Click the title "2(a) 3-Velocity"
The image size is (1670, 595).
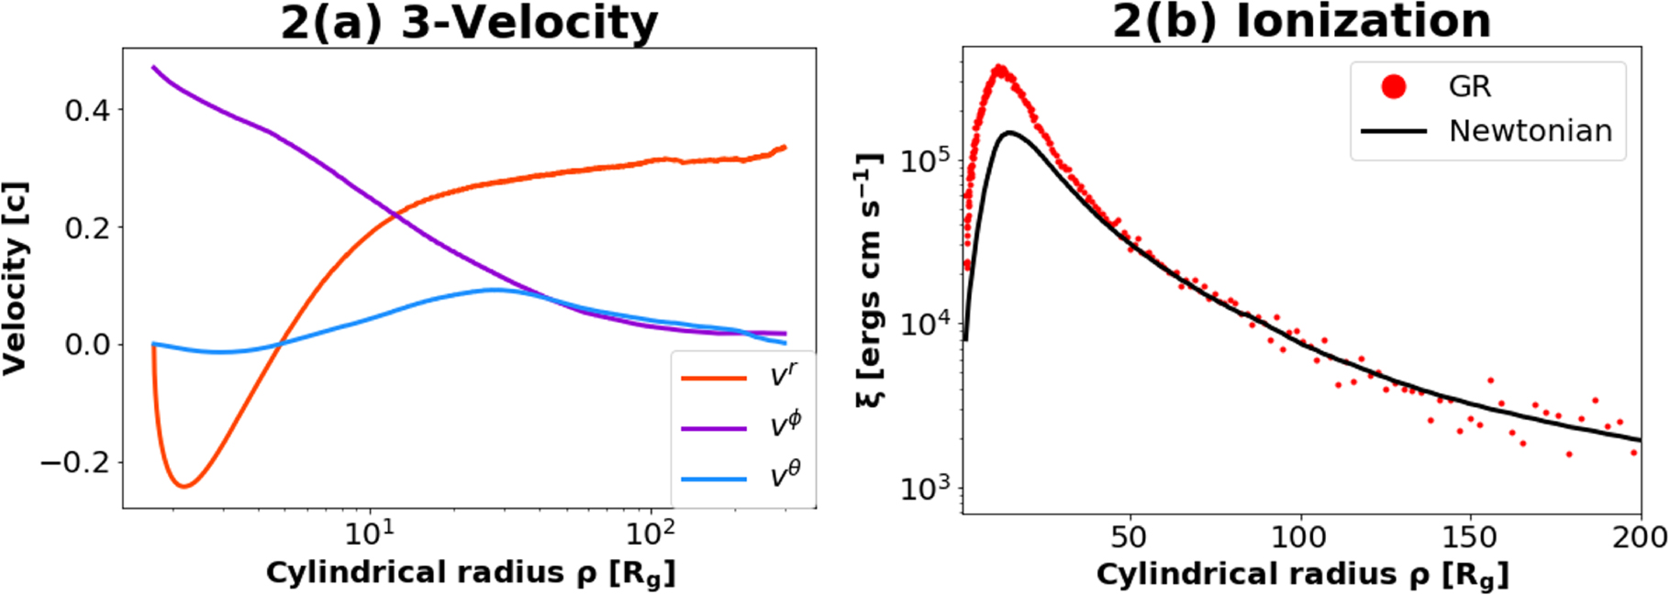(469, 23)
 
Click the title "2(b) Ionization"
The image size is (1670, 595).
(1301, 21)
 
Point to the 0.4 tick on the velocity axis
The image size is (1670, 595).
(87, 111)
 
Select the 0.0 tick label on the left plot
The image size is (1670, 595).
(87, 345)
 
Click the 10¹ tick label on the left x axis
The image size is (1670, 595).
(370, 532)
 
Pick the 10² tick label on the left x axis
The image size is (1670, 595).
(650, 532)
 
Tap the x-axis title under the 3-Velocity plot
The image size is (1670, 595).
(471, 573)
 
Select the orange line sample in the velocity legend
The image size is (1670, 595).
(713, 378)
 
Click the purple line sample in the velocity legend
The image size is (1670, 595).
(713, 428)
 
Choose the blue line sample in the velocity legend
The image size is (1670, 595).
(713, 479)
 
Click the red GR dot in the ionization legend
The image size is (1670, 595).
(1393, 87)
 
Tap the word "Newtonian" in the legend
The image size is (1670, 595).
(1530, 131)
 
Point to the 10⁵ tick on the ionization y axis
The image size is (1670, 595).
(926, 162)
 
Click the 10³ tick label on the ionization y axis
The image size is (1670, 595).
(926, 489)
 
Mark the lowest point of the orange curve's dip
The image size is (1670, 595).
(184, 486)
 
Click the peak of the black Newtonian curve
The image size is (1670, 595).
(1009, 133)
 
